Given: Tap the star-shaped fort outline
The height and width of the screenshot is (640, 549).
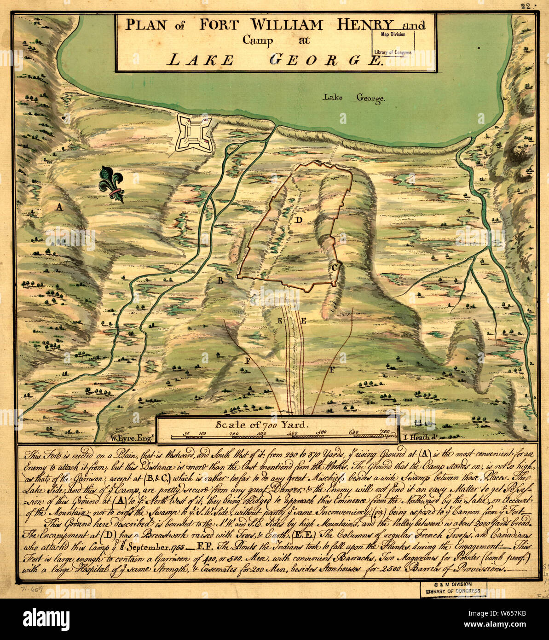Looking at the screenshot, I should pyautogui.click(x=194, y=133).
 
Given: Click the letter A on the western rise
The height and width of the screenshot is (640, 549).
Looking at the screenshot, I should pyautogui.click(x=58, y=207).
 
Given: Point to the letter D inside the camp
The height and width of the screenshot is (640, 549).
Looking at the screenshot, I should pyautogui.click(x=298, y=220).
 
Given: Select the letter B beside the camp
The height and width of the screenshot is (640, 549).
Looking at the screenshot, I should pyautogui.click(x=220, y=280).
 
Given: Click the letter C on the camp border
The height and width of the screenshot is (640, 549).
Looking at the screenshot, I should pyautogui.click(x=335, y=267).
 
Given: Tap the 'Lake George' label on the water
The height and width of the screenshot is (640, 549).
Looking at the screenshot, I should pyautogui.click(x=353, y=97).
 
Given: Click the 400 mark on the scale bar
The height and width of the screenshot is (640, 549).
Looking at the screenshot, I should pyautogui.click(x=292, y=433).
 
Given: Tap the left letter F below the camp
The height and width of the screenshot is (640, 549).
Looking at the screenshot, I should pyautogui.click(x=247, y=361).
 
